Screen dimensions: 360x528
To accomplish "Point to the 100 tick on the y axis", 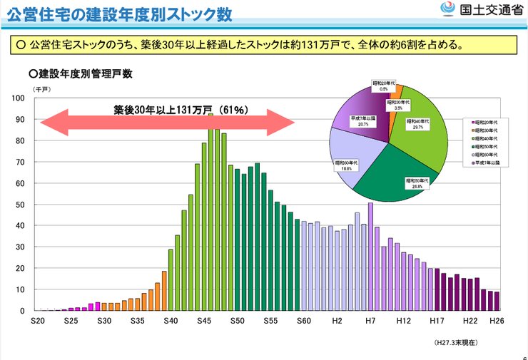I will pos(20,98).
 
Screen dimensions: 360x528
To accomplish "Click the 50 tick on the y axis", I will pos(21,205).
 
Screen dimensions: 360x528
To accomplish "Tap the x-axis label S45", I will pos(204,322).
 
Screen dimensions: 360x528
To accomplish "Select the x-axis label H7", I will pos(370,322).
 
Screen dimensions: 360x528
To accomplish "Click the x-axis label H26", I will pos(495,322).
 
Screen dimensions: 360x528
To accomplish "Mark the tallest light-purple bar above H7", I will pos(370,257).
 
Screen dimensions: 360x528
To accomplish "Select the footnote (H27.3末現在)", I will pos(456,343).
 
